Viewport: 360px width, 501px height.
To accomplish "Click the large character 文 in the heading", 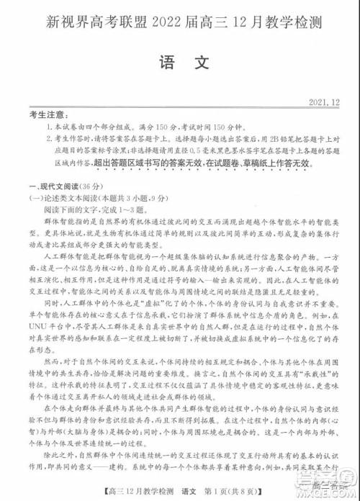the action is [199, 63].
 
